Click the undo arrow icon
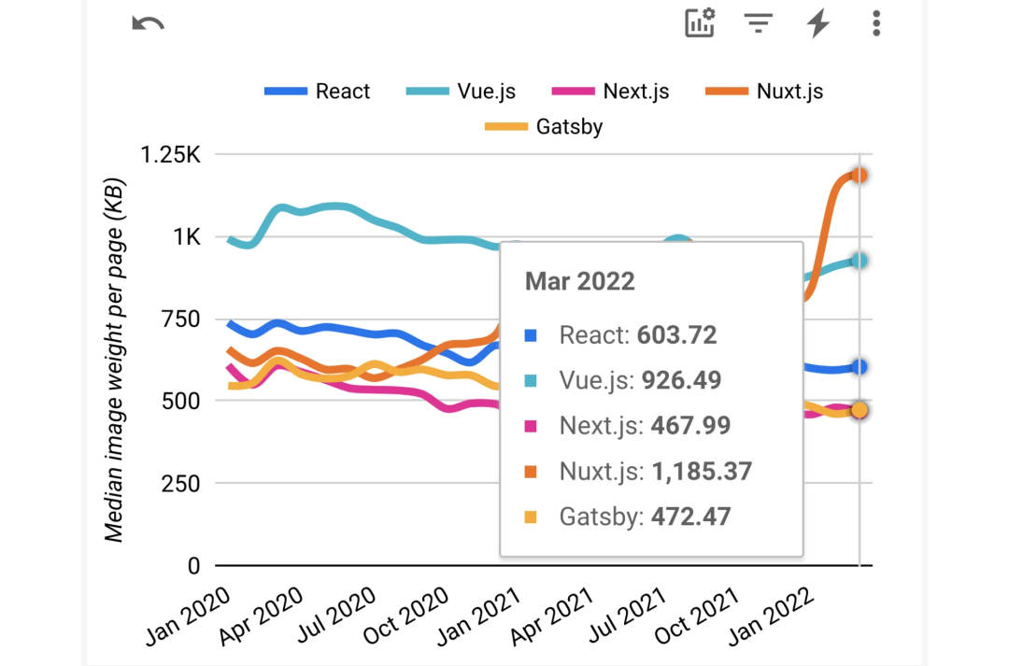(x=148, y=23)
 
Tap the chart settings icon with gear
(x=700, y=23)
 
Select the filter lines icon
(x=759, y=23)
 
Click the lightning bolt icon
(x=818, y=23)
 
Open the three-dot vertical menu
(x=875, y=23)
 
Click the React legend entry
(x=318, y=92)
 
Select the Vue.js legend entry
(x=462, y=92)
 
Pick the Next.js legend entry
(x=610, y=92)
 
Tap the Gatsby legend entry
(x=544, y=126)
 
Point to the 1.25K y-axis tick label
(x=170, y=155)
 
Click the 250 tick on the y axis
(x=181, y=484)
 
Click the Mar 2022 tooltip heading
(x=579, y=281)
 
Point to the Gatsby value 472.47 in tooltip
(x=690, y=517)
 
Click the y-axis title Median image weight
(x=114, y=360)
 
